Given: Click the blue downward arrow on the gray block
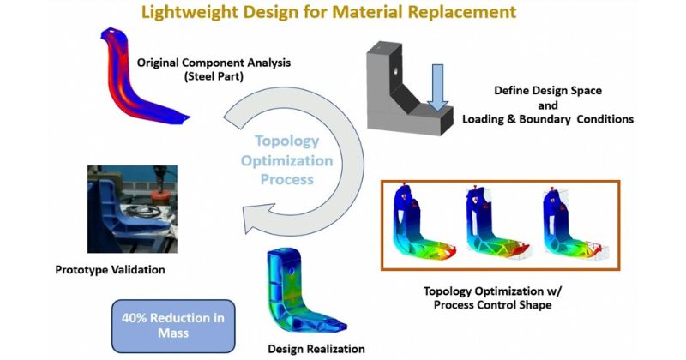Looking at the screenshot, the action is tap(437, 88).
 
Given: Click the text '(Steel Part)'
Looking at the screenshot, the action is tap(214, 76).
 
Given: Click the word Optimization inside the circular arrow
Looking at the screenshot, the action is tap(287, 161).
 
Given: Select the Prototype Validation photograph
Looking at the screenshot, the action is tap(132, 209).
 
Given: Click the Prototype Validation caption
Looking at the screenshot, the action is tap(111, 270).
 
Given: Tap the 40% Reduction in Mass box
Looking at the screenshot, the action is tap(173, 326).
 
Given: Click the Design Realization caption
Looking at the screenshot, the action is tap(316, 349).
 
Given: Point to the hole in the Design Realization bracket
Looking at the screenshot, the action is tap(292, 271).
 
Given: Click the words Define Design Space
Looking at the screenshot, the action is tap(548, 91).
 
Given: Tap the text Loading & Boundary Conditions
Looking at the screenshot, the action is tap(548, 119).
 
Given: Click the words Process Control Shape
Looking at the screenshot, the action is tap(492, 305).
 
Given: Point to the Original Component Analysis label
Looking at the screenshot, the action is tap(214, 63).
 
